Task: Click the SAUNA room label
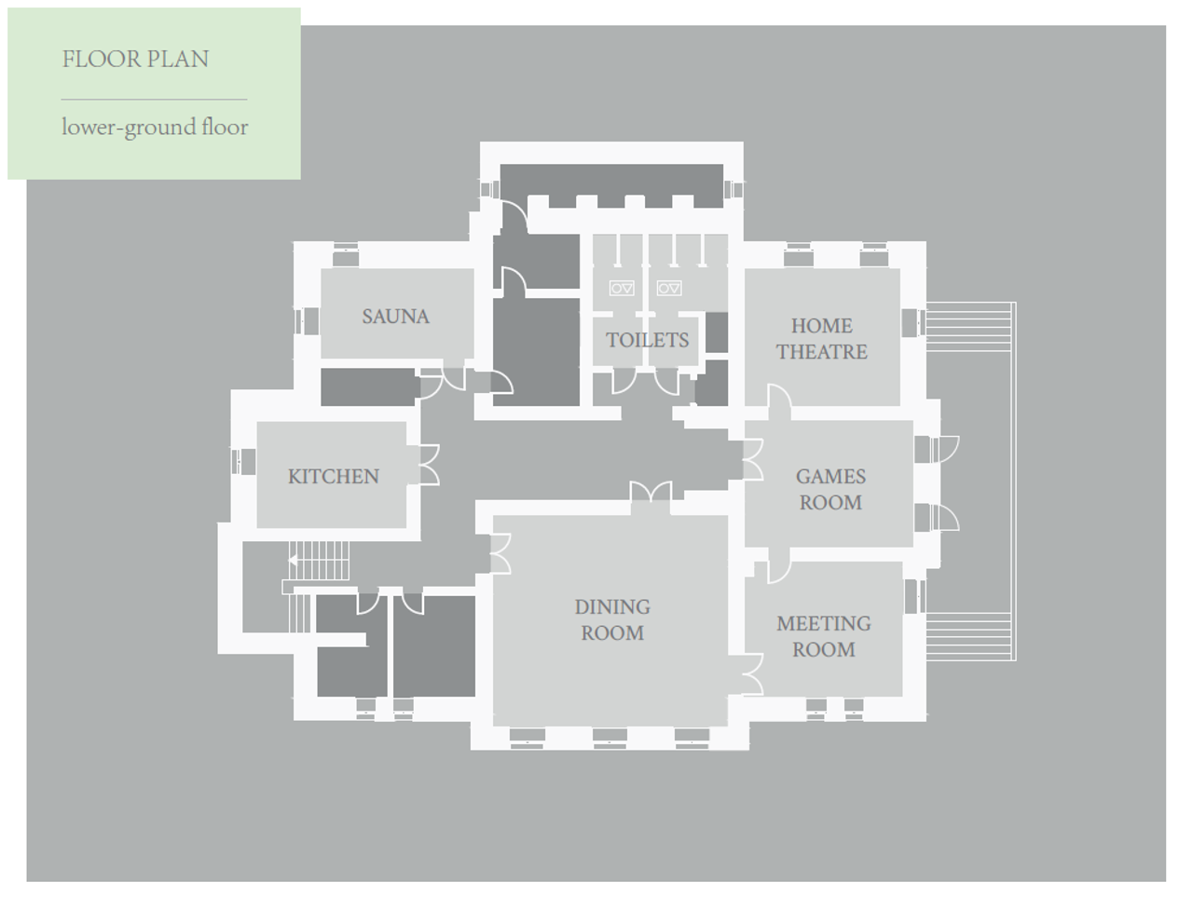396,317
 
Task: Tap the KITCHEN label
333,476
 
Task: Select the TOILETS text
648,340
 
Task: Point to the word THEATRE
821,352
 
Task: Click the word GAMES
830,476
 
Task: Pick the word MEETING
823,623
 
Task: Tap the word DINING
612,606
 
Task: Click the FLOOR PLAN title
135,60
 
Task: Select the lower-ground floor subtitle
155,128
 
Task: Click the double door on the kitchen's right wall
430,465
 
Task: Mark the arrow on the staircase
293,560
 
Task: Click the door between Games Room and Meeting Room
779,565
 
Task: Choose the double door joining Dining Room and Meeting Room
753,674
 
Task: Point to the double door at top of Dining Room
651,491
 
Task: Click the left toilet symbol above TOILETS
622,288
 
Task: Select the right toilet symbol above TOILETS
669,288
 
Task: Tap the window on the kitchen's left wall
243,462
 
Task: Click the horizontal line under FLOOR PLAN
155,100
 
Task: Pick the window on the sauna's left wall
307,321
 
